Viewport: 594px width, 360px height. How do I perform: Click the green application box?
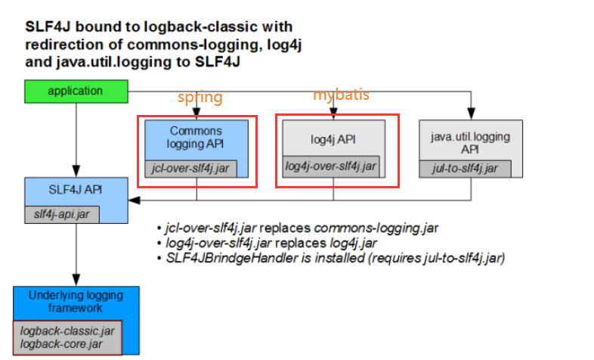[75, 91]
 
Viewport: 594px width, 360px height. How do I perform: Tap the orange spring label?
[200, 98]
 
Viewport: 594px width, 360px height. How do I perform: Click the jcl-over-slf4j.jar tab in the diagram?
[190, 169]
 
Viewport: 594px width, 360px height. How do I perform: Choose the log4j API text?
[333, 139]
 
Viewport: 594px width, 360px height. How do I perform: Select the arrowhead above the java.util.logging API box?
[471, 116]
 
